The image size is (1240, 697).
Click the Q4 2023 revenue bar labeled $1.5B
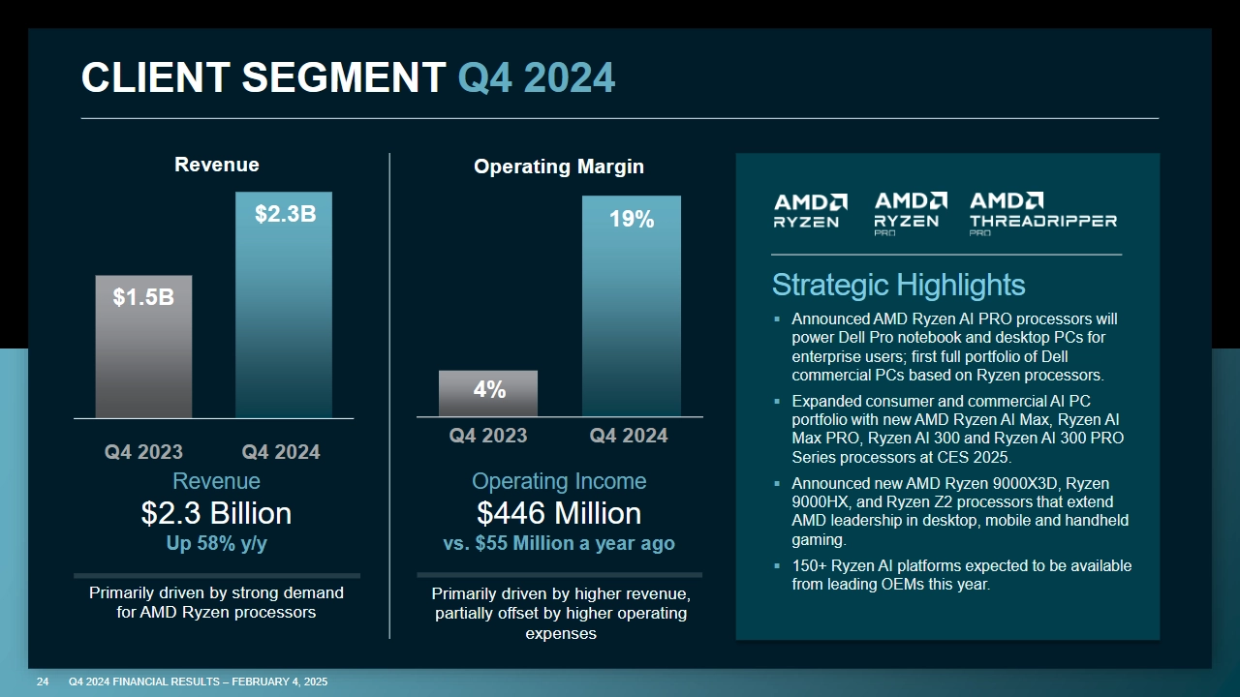(143, 347)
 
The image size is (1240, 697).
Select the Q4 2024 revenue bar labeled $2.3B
(284, 305)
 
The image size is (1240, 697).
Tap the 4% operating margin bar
(488, 393)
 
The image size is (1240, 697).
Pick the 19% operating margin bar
(631, 306)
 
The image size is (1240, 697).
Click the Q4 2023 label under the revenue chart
(143, 452)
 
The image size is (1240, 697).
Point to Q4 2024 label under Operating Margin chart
(629, 436)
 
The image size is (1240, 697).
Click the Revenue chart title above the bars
(216, 165)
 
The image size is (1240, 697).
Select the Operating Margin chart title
(558, 167)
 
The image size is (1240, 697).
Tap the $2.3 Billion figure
(216, 513)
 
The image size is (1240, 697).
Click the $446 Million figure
(558, 513)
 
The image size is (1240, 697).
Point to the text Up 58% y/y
(216, 544)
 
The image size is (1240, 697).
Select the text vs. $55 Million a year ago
(558, 544)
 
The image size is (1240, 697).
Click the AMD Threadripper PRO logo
(1042, 213)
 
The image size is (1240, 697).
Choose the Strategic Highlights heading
(898, 285)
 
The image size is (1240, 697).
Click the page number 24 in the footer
(43, 682)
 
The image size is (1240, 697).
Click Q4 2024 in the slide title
(536, 77)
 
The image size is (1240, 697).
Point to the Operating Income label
(558, 481)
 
